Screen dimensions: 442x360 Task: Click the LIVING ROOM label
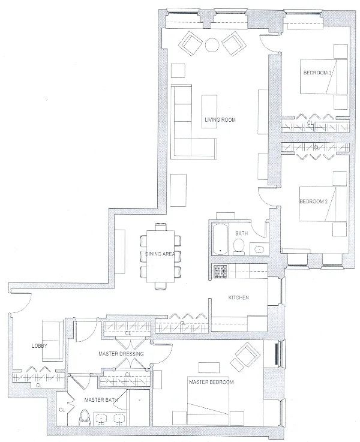[x=220, y=120]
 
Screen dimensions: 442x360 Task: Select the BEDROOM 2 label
[x=313, y=202]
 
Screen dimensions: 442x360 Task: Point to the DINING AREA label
[x=160, y=255]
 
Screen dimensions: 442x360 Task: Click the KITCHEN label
[x=238, y=298]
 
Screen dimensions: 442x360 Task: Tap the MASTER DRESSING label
[x=121, y=354]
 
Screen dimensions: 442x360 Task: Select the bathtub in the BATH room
[x=220, y=238]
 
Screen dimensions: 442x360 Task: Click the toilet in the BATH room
[x=238, y=245]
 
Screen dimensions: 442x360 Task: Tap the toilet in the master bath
[x=85, y=416]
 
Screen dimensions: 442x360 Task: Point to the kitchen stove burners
[x=218, y=272]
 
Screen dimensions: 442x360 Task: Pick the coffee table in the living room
[x=209, y=107]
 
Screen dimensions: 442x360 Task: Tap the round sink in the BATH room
[x=259, y=248]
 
